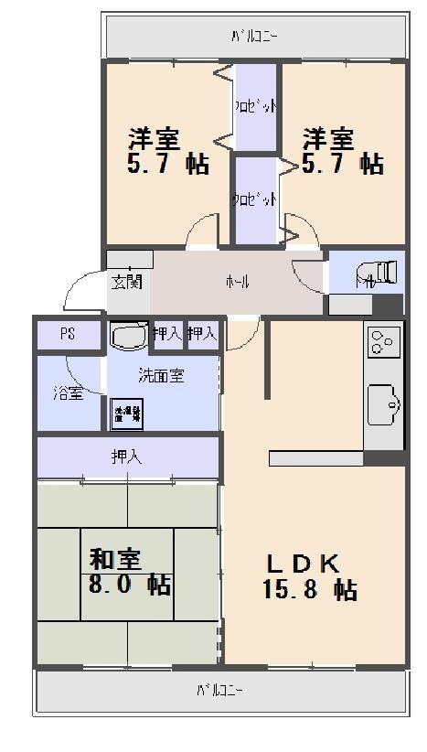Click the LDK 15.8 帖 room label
[309, 576]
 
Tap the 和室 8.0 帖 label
[128, 571]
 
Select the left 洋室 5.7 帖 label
[166, 151]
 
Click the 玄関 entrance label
[127, 281]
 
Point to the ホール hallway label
[237, 282]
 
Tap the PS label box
[68, 334]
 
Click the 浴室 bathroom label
[68, 393]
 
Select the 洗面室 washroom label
[161, 375]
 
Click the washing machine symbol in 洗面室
[127, 413]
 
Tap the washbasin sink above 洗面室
[128, 337]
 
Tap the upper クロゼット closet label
[255, 107]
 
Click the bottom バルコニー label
[219, 690]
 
